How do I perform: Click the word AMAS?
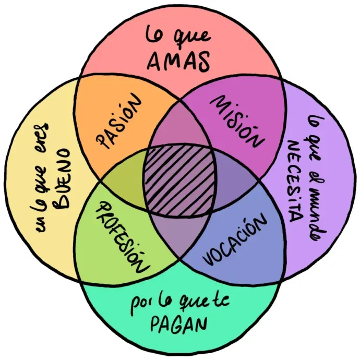pos(178,61)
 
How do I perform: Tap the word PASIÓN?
pos(119,121)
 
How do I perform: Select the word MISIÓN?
pos(237,122)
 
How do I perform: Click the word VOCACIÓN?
pos(235,239)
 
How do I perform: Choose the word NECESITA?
pos(295,182)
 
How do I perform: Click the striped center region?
pos(179,180)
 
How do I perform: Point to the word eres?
pos(41,136)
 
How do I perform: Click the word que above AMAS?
pos(192,38)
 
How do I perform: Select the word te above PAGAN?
pos(223,301)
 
